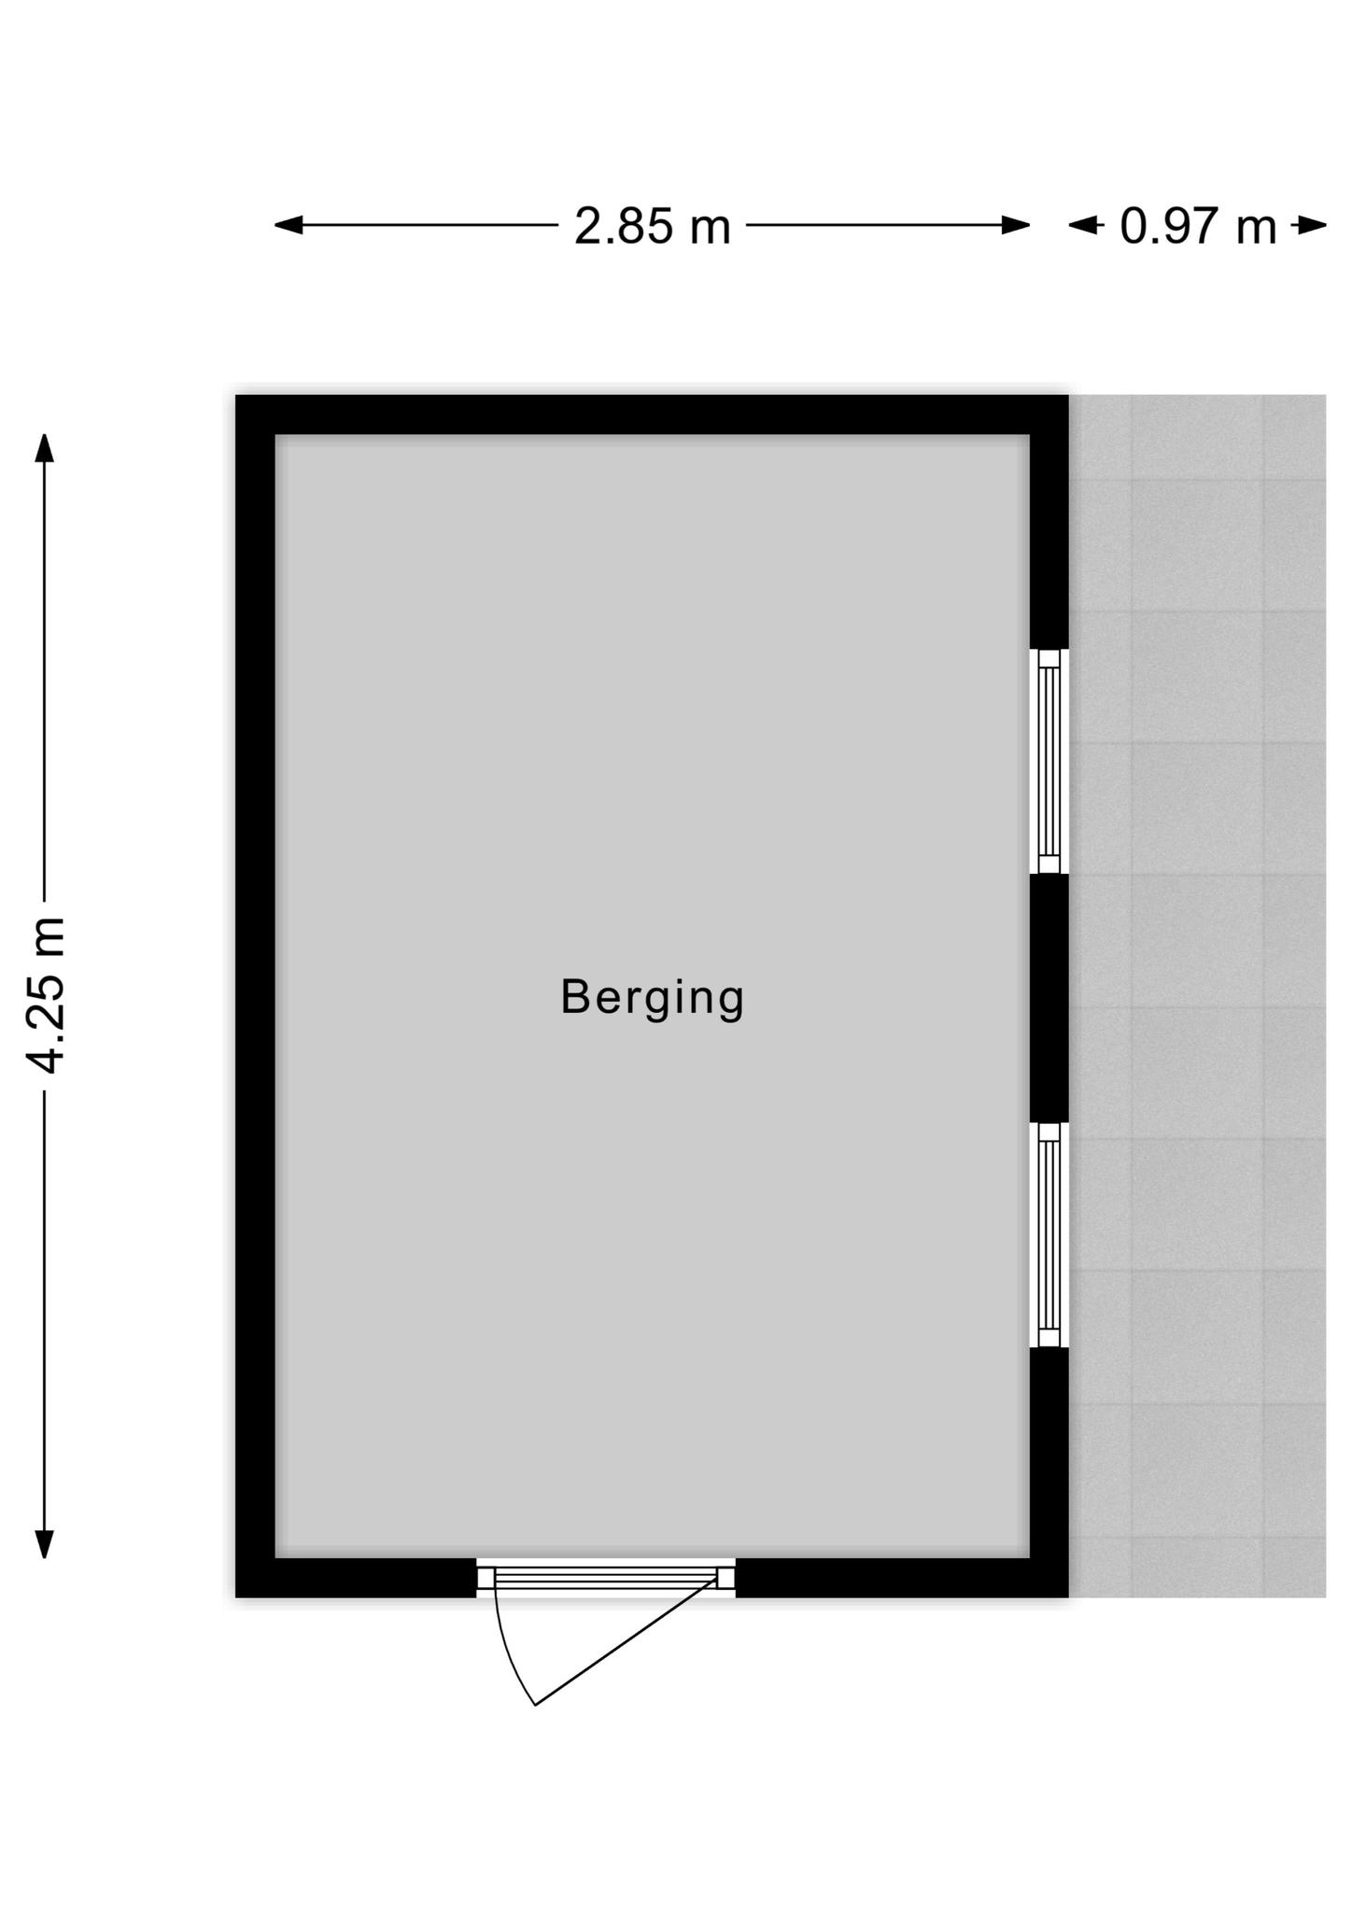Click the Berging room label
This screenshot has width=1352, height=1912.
coord(652,999)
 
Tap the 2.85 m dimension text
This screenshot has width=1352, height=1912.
coord(652,226)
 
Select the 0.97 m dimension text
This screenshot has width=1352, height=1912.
coord(1198,226)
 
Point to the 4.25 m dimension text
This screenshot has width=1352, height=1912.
coord(45,995)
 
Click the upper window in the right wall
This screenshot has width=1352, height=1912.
coord(1049,761)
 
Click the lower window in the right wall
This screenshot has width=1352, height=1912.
coord(1049,1234)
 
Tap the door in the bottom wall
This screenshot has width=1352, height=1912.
coord(606,1578)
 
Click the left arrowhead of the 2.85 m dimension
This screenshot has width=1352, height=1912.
coord(289,225)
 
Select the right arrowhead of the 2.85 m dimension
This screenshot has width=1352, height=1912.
coord(1016,225)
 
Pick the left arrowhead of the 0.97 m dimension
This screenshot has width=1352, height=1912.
coord(1083,225)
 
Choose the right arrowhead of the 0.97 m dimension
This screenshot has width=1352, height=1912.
coord(1312,225)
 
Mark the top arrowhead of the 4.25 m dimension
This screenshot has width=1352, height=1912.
coord(44,448)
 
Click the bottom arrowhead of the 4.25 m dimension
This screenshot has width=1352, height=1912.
coord(44,1544)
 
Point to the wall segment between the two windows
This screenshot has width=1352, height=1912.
coord(1049,998)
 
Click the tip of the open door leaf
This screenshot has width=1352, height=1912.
coord(535,1706)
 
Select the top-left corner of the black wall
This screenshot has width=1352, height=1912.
coord(236,396)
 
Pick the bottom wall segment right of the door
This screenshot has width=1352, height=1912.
coord(902,1578)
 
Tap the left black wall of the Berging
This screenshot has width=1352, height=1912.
coord(255,996)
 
